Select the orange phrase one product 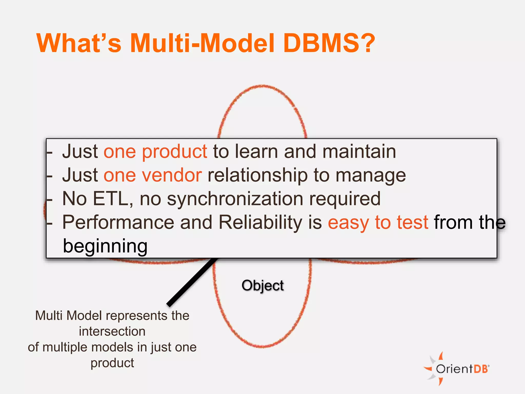point(155,152)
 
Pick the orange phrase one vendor point(153,175)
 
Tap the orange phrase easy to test point(378,222)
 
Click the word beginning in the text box point(105,246)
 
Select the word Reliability point(260,222)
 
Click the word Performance point(118,222)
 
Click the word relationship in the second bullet point(257,176)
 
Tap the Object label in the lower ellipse point(262,285)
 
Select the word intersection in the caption point(112,331)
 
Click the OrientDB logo point(457,369)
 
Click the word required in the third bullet point(345,199)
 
